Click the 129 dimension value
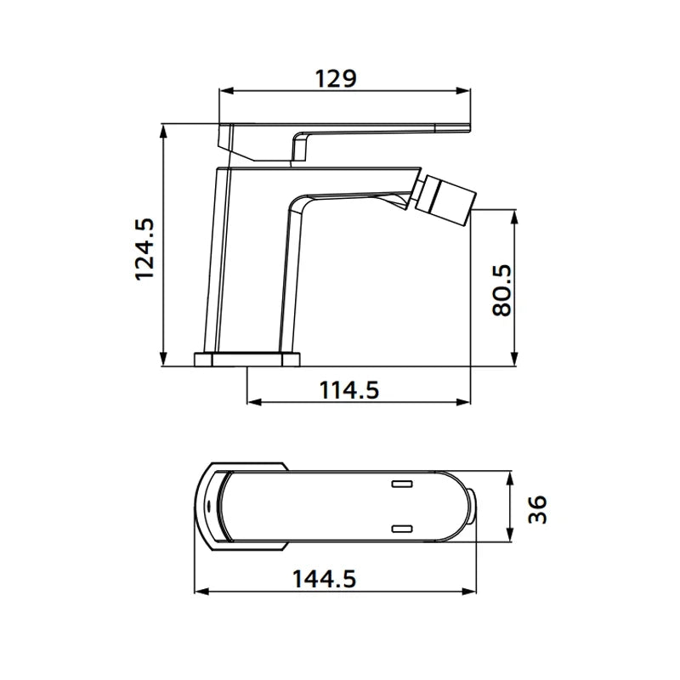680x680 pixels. (336, 78)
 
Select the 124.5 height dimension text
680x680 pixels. (144, 249)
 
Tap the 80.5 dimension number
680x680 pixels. (502, 290)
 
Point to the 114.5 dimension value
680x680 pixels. (349, 390)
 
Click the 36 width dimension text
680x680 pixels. (537, 509)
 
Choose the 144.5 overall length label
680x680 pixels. (324, 579)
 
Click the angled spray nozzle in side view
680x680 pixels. (447, 199)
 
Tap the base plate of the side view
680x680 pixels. (247, 360)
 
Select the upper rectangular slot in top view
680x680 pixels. (402, 484)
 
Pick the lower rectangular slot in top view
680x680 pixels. (402, 528)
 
